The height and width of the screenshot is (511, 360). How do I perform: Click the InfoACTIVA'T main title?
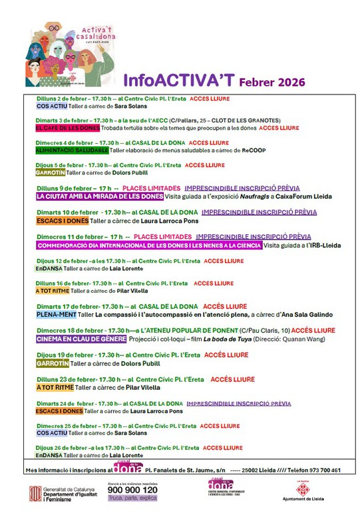tap(178, 81)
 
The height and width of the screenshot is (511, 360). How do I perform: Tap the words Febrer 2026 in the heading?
tap(272, 82)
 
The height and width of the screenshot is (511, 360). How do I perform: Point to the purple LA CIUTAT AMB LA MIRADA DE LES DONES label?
tap(100, 197)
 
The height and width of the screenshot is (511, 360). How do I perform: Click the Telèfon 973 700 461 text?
tap(313, 470)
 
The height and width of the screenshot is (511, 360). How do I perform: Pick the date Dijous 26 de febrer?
tap(67, 448)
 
